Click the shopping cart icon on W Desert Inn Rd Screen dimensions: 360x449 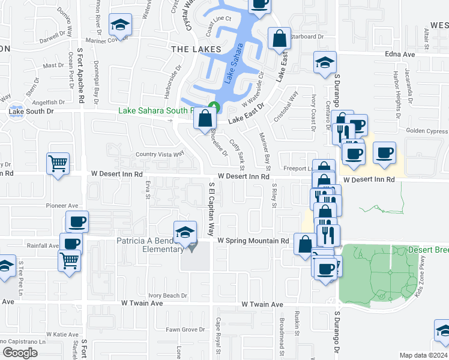pos(58,163)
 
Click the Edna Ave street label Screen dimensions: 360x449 pos(400,54)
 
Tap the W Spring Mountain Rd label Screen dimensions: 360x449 pos(253,241)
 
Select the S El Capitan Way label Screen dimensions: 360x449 pos(211,209)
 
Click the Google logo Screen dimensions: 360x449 pos(20,353)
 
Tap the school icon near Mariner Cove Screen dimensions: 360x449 pos(120,26)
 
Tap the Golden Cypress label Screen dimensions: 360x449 pos(427,131)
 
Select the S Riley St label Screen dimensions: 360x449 pos(274,196)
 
